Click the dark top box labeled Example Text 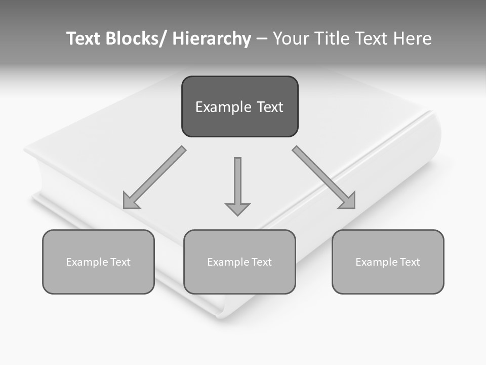click(x=239, y=106)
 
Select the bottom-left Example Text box click(x=98, y=262)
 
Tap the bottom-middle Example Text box click(x=239, y=262)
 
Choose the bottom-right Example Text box click(x=388, y=262)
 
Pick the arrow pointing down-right click(x=324, y=177)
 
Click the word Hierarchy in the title click(x=212, y=39)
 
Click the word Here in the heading click(x=412, y=39)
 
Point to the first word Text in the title click(x=84, y=39)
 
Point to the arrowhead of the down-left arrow click(x=130, y=202)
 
